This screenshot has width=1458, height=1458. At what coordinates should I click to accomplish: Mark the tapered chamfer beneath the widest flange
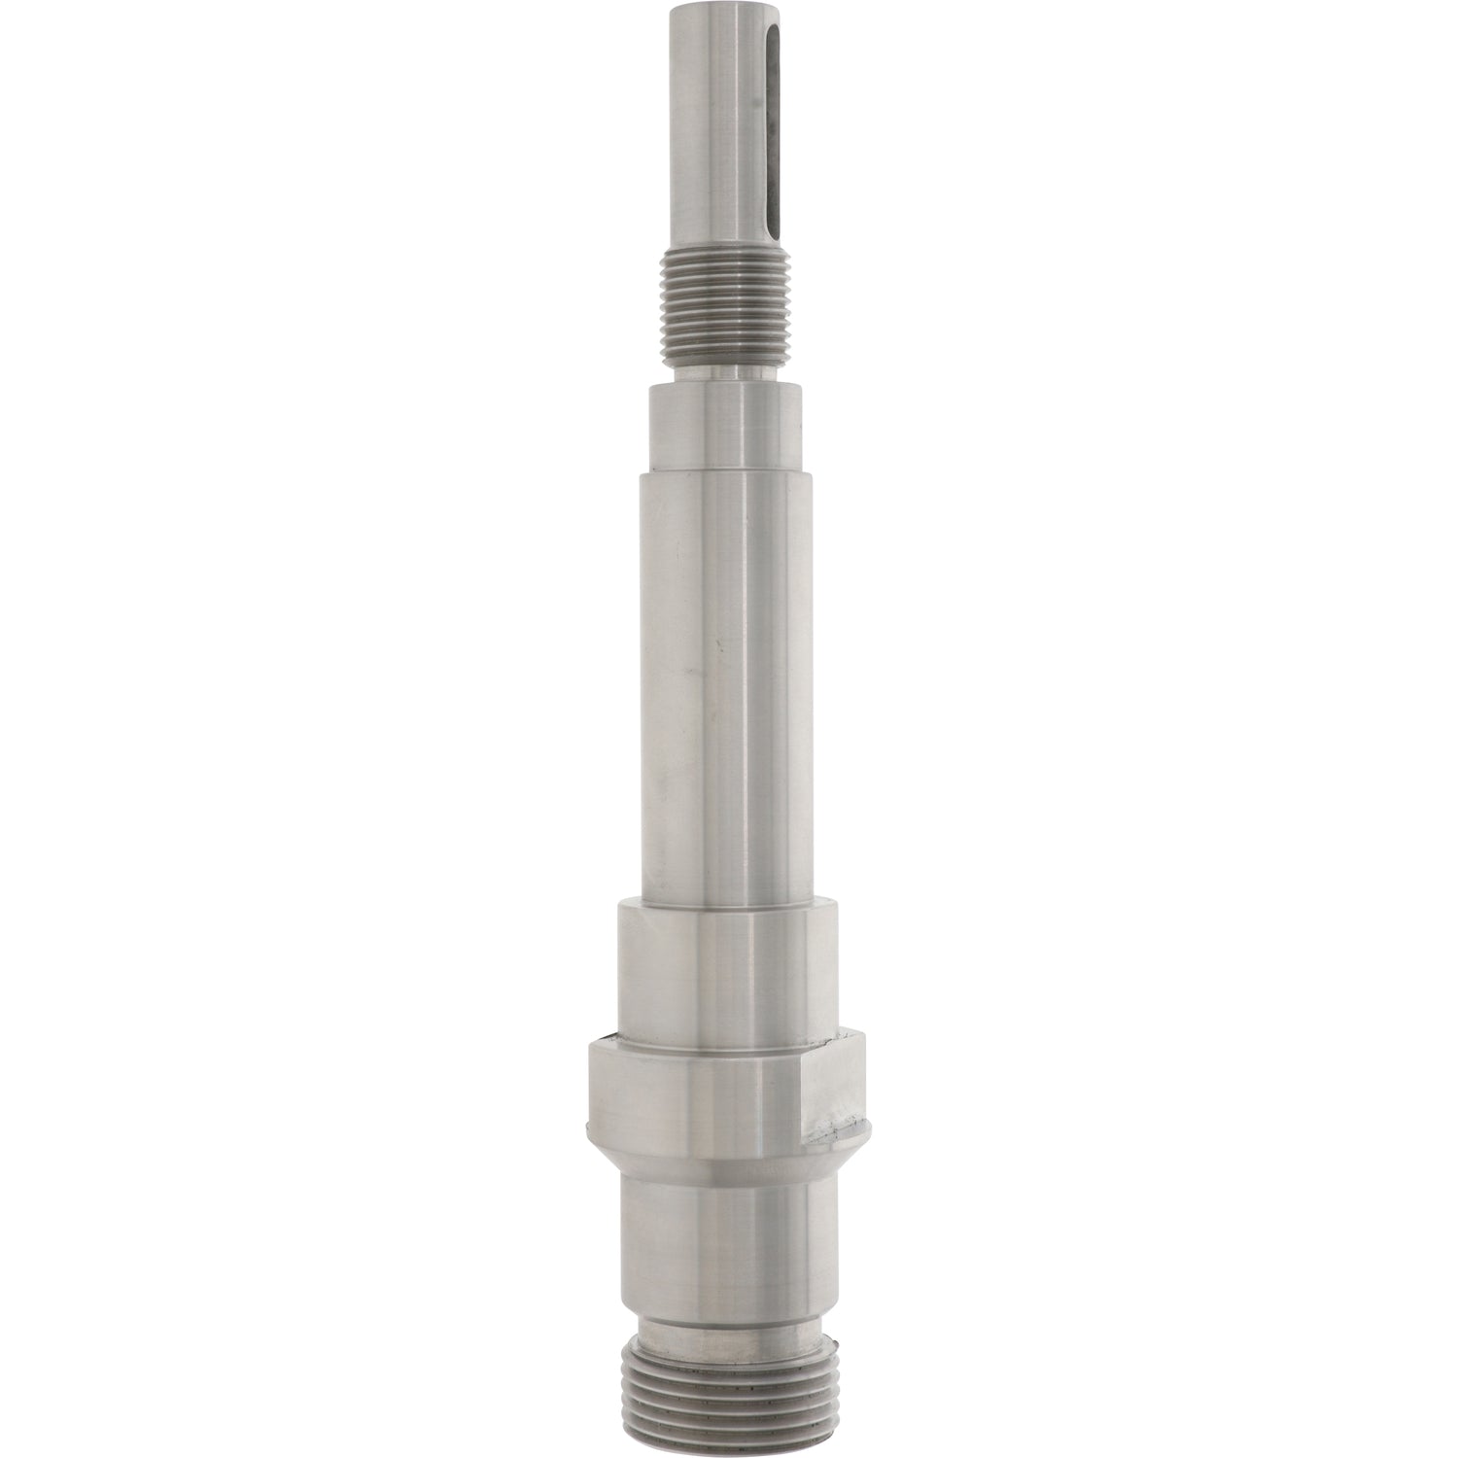tap(729, 1157)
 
